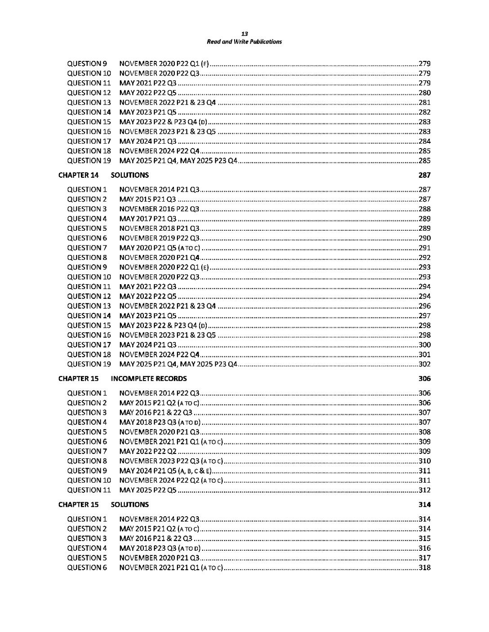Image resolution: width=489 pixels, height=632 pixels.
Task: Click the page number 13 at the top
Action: coord(244,34)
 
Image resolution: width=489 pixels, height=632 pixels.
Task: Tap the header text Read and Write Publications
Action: coord(244,42)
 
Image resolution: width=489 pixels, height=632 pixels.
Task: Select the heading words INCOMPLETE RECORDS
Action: coord(149,378)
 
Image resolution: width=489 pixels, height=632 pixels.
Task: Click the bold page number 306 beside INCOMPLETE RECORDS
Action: coord(424,378)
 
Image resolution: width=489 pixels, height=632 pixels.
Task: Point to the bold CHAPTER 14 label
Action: coord(78,175)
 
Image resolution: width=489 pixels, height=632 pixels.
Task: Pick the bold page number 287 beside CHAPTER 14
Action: coord(424,175)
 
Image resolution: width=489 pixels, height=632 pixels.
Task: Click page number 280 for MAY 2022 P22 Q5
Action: coord(424,93)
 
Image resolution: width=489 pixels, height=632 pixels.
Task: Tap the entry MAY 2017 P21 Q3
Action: coord(148,219)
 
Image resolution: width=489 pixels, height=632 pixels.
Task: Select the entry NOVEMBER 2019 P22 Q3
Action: coord(160,238)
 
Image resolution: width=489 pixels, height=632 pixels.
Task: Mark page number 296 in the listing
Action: coord(424,306)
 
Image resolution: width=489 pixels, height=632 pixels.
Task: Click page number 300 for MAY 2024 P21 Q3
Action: coord(424,345)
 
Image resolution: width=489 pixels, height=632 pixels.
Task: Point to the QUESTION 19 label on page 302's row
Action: coord(89,364)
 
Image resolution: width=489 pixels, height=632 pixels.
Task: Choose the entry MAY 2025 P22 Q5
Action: coord(148,490)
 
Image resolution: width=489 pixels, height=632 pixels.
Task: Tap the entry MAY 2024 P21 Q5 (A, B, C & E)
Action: coord(165,471)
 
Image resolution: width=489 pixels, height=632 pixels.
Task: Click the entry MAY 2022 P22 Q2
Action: coord(148,451)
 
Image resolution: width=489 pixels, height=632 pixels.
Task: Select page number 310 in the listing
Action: coord(424,461)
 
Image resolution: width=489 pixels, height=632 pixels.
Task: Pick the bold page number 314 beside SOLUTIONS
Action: coord(424,505)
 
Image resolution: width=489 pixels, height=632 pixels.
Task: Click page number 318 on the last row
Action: coord(424,568)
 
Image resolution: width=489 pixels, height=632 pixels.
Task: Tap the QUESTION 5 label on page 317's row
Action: coord(87,558)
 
